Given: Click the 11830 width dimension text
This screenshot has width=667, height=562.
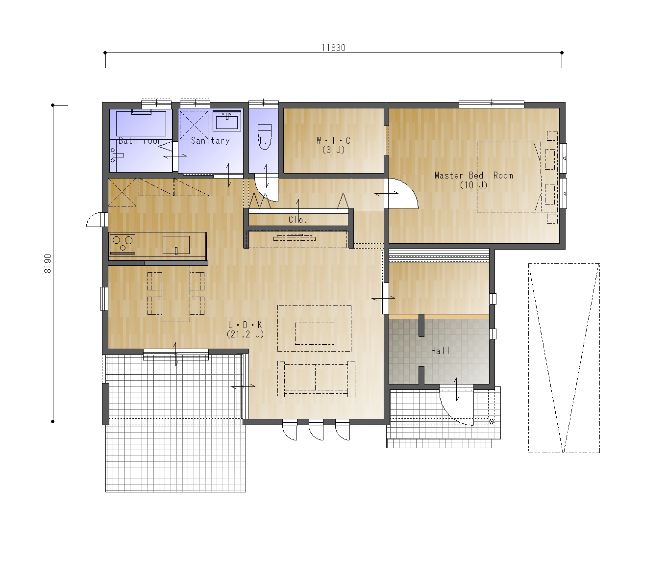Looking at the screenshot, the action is point(333,48).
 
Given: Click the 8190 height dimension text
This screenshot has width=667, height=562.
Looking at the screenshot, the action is point(48,263).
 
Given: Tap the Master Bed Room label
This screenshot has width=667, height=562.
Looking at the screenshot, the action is point(474,176).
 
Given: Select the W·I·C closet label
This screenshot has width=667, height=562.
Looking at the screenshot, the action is point(333,140).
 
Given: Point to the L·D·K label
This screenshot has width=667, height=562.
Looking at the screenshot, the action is point(246,325).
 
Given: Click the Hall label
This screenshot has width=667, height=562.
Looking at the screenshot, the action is point(440,351).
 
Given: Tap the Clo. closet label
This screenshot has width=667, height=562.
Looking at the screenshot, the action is point(297,220).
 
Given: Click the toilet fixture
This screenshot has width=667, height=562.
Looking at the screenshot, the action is point(264,136).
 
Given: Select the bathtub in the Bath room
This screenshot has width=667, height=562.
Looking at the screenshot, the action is point(141,124).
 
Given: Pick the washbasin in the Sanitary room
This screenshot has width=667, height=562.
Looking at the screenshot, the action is point(227,121).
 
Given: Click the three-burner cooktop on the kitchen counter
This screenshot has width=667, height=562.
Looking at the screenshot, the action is point(123,244).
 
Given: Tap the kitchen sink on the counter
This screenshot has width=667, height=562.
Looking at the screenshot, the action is point(176,245).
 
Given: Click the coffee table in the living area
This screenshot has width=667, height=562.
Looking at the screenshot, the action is point(314,334).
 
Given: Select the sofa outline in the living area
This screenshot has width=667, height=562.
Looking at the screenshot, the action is point(316,379).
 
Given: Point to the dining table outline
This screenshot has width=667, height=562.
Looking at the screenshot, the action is point(176,293).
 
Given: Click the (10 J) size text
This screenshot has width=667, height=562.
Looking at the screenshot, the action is point(474,185).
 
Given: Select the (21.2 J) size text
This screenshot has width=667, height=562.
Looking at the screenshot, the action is point(246,334).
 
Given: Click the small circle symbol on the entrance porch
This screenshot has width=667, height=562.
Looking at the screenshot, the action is point(492,422).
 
